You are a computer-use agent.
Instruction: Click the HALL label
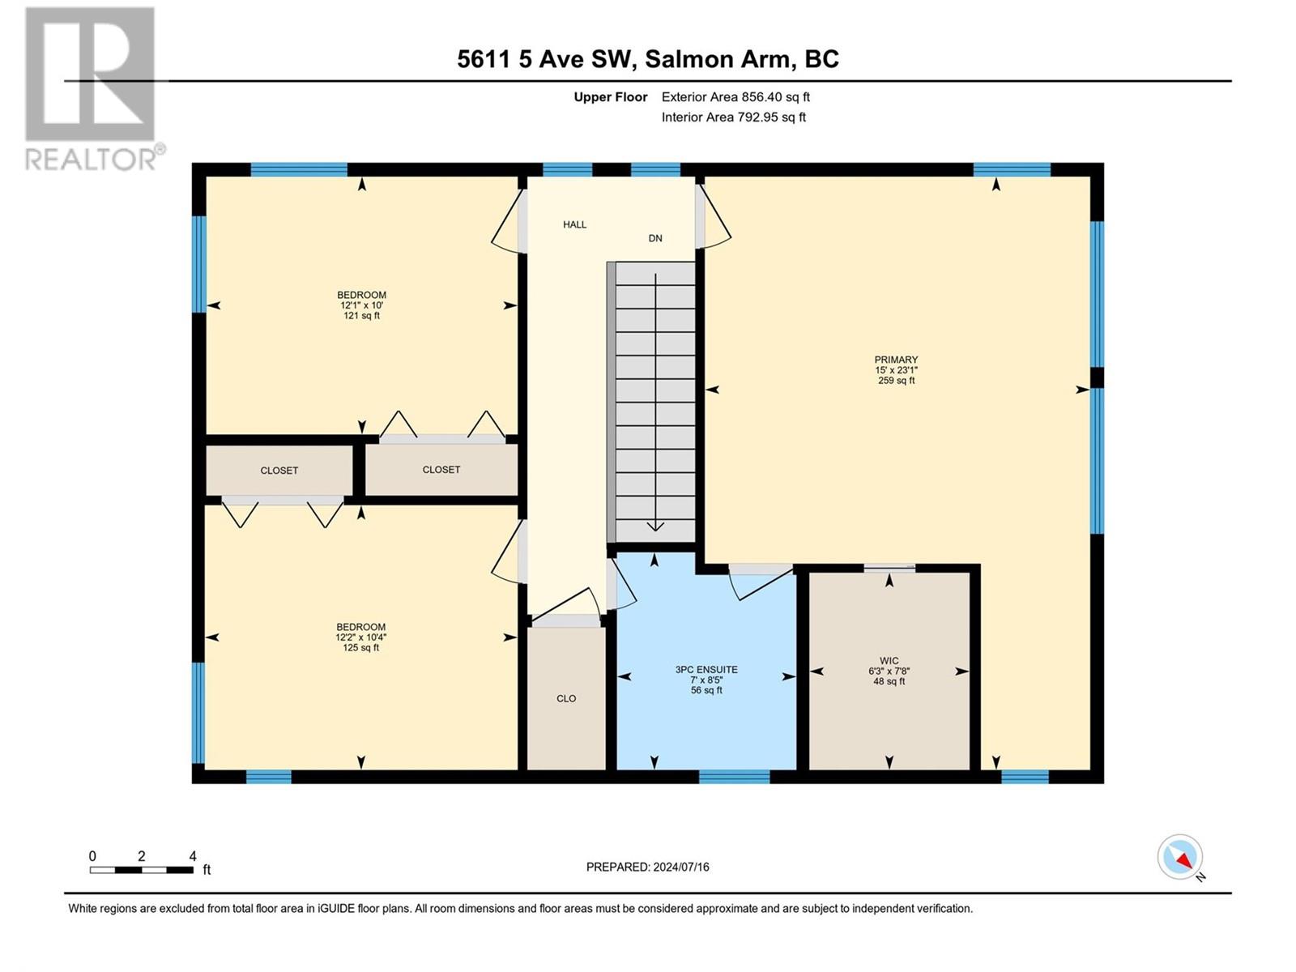pos(574,224)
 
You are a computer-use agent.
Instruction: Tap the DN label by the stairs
pos(655,238)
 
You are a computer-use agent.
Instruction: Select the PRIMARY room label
pos(896,360)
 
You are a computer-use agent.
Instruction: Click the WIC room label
pos(889,660)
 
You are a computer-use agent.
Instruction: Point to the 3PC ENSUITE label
pos(706,669)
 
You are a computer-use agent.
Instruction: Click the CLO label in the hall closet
pos(566,698)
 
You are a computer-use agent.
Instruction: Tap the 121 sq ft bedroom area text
pos(361,316)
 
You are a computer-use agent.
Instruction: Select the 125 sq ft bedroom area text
pos(360,647)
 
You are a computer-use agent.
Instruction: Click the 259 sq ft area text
pos(897,381)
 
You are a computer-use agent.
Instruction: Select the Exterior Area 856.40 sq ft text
pos(735,96)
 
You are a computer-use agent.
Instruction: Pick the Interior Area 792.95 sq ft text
pos(733,117)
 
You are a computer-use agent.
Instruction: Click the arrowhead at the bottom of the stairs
pos(655,526)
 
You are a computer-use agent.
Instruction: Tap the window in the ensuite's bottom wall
pos(734,777)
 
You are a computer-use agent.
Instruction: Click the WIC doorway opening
pos(889,569)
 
